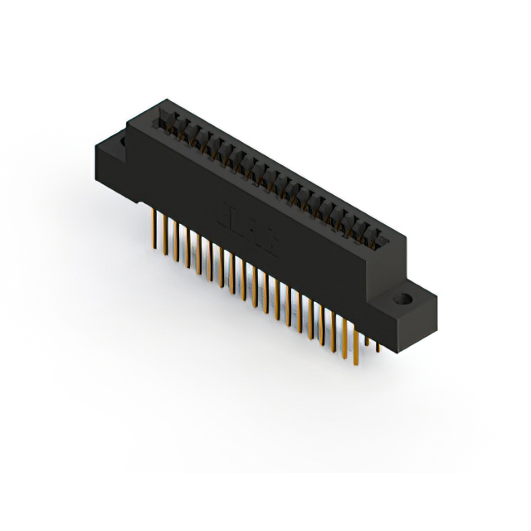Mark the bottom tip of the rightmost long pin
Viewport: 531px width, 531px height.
click(354, 366)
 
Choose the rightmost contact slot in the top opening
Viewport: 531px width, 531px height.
click(379, 241)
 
